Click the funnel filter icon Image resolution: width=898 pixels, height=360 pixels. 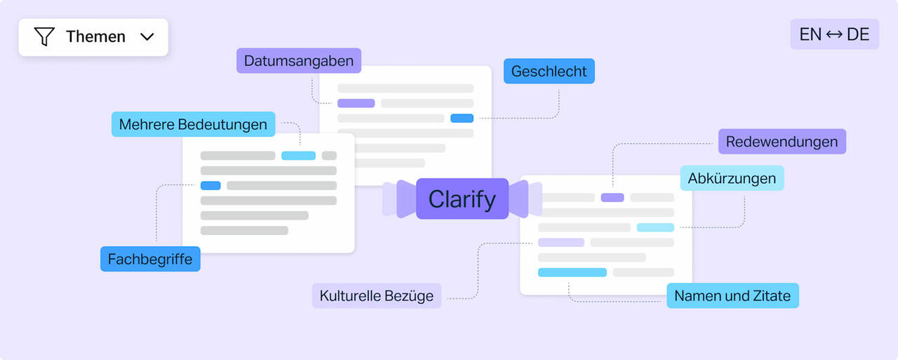coord(44,36)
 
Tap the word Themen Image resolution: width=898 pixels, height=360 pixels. coord(96,36)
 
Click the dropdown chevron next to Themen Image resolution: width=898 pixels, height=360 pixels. coord(147,37)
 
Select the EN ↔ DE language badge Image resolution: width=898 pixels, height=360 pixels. coord(834,34)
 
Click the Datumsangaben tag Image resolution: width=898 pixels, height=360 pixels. coord(299,60)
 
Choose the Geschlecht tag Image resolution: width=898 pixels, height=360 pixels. coord(549,71)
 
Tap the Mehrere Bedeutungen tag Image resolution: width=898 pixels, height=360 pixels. coord(193,124)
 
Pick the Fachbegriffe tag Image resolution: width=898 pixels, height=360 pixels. coord(150,259)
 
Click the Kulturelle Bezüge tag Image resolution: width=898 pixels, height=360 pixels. coord(377,296)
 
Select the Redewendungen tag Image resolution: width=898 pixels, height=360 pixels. coord(782,142)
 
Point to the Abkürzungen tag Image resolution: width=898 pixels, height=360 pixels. coord(732,178)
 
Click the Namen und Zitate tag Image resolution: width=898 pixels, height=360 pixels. coord(732,296)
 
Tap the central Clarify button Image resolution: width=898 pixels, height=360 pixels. coord(462,199)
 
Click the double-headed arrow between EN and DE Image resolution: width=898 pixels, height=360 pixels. coord(834,34)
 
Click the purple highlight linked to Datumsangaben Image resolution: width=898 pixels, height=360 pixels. coord(356,103)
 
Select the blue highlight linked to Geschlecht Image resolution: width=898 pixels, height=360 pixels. coord(462,119)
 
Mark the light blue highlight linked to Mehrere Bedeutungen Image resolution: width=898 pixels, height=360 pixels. coord(298,156)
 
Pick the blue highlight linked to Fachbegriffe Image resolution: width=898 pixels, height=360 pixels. coord(210,185)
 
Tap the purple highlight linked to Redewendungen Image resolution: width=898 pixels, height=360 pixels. coord(612,197)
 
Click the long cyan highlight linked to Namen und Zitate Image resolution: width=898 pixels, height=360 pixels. coord(572,272)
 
